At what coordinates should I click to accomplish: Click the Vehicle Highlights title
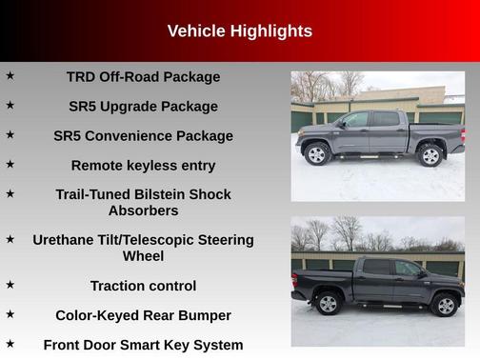239,31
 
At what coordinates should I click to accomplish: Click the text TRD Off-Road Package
143,77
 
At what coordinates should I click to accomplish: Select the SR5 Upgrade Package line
143,107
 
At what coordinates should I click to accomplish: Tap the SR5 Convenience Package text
143,136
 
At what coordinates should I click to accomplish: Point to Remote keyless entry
143,166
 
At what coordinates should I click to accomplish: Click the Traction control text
143,286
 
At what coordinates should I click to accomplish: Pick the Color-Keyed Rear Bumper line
143,315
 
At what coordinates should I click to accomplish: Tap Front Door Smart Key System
143,345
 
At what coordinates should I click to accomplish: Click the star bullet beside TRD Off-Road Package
10,75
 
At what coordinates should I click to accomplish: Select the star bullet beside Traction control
10,284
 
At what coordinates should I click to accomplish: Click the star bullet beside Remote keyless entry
10,164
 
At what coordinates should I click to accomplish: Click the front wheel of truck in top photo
316,154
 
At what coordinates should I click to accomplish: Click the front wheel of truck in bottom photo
444,305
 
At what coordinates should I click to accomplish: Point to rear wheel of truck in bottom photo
329,304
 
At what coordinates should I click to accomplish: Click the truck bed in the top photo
433,133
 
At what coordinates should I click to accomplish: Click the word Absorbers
143,210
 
